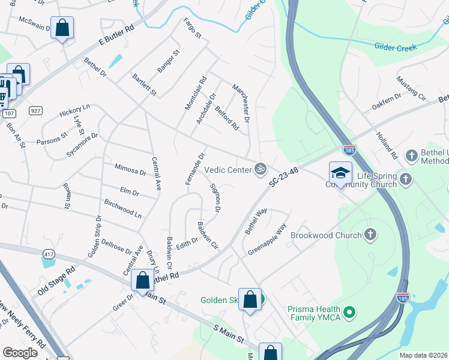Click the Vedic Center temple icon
(260, 170)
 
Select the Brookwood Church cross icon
(370, 235)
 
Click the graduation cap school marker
(340, 173)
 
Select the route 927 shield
(35, 110)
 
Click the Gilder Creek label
(396, 46)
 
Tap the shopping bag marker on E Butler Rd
(62, 28)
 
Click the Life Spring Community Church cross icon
(405, 178)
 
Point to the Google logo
(20, 353)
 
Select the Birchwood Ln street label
(122, 209)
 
